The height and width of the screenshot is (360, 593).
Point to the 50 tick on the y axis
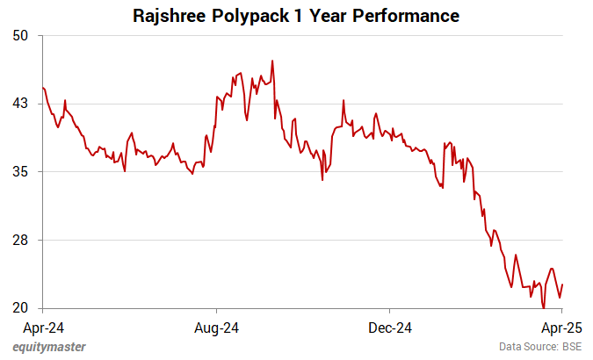point(21,35)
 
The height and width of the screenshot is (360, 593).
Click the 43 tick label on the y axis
point(21,104)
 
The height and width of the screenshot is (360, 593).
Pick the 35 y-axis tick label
point(21,171)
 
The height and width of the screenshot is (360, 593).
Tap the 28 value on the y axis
point(21,240)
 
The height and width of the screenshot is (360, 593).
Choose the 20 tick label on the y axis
point(21,308)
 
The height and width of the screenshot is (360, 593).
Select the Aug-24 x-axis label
point(216,328)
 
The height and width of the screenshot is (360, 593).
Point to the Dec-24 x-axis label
point(389,328)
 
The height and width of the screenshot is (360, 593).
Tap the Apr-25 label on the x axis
point(562,328)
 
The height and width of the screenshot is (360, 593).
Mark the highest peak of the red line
point(273,61)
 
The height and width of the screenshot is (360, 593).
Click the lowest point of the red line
point(544,307)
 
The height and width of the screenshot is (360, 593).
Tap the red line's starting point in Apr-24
point(43,88)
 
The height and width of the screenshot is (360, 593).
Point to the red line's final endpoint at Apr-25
point(562,284)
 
